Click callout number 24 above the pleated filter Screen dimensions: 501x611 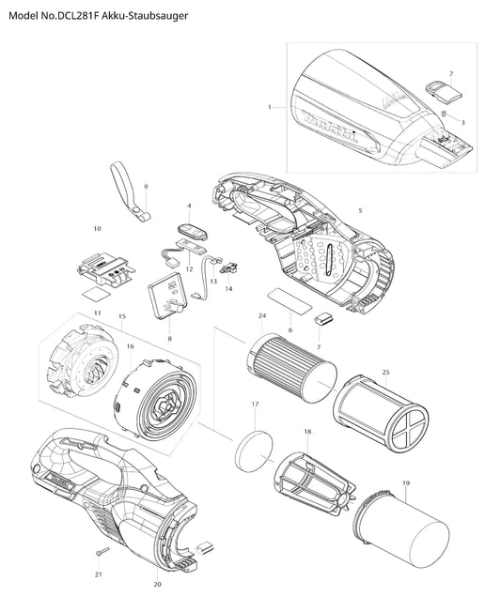[262, 316]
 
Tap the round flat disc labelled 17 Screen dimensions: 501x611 [254, 451]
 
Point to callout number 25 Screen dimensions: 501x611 [385, 372]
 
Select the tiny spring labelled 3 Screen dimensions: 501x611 [444, 114]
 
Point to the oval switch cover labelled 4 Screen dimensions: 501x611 [193, 232]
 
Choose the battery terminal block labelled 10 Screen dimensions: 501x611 [103, 268]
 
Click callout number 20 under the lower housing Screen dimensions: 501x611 [157, 584]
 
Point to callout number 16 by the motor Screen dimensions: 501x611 [130, 346]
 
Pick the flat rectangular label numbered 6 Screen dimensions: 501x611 [290, 298]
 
